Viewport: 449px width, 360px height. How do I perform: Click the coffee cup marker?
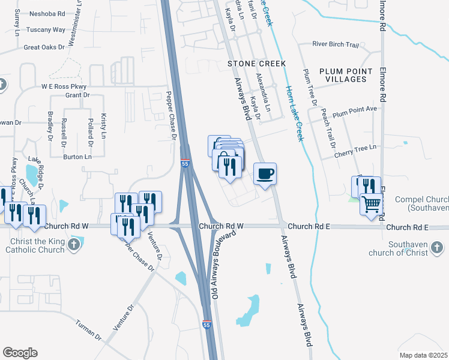[265, 175]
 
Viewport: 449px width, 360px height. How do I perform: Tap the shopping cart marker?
[372, 205]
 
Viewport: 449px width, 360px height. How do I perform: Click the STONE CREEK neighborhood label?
[256, 63]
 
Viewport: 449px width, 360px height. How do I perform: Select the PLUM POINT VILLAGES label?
[351, 75]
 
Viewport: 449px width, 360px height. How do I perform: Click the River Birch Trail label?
[336, 44]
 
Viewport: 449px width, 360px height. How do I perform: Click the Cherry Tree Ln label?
[357, 147]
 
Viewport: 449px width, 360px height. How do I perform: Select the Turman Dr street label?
[88, 329]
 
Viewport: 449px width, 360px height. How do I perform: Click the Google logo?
[20, 353]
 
